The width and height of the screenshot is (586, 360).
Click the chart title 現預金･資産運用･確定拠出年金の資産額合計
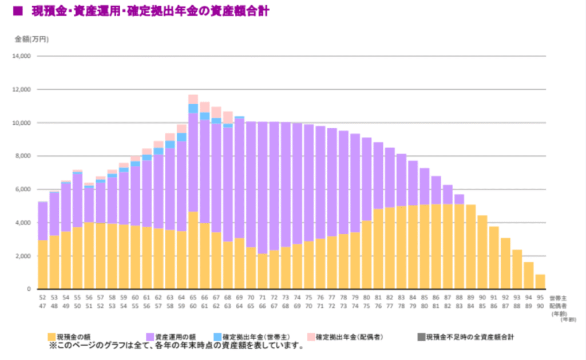coord(155,11)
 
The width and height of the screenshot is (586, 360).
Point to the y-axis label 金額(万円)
coord(31,39)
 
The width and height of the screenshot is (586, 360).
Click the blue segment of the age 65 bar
coord(193,108)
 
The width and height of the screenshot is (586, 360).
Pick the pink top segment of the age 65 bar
coord(193,99)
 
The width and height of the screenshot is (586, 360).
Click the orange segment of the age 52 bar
coord(42,264)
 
